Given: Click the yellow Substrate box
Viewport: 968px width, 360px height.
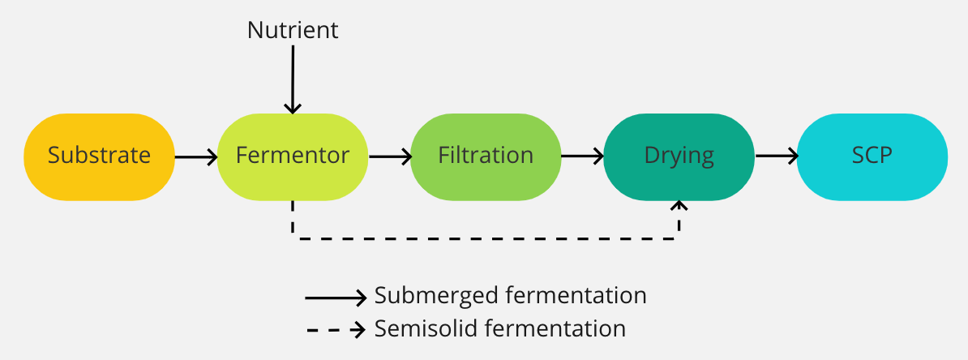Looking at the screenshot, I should tap(99, 156).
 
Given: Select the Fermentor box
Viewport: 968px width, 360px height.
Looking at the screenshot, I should tap(292, 156).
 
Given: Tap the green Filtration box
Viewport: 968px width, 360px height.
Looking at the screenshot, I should tap(486, 156).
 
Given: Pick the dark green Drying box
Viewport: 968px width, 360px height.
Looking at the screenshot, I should tap(679, 156).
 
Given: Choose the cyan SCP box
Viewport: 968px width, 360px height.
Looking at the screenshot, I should tap(872, 156).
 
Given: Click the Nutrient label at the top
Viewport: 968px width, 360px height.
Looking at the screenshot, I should tap(292, 31).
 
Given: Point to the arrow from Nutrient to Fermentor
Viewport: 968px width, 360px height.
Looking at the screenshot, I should tap(292, 77).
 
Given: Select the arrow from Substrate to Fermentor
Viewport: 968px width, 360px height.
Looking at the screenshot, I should tap(195, 156).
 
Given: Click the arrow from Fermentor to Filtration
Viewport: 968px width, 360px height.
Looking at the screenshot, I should tap(388, 156).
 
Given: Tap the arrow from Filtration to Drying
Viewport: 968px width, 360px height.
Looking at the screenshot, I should tap(581, 156).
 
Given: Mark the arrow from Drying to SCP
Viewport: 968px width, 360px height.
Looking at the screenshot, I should tap(775, 156).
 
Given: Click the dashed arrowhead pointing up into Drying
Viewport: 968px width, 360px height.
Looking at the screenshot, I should tap(679, 206).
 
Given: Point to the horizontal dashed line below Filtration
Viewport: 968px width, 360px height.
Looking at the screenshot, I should tap(486, 238).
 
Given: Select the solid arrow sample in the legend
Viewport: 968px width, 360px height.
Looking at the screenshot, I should tap(336, 298).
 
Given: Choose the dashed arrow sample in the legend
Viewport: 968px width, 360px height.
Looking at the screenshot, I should tap(336, 330).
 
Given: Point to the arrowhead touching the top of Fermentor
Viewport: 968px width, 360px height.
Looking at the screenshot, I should tap(292, 108).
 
